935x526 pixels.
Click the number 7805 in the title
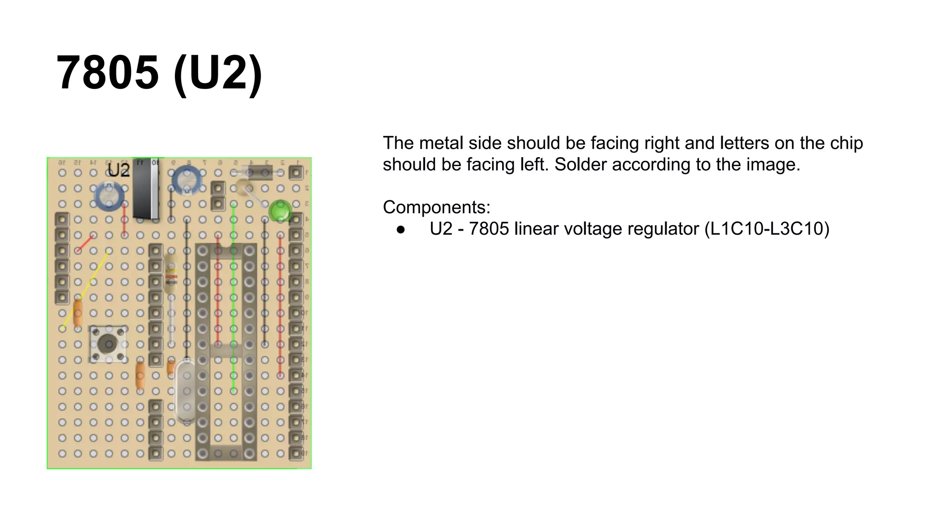click(108, 73)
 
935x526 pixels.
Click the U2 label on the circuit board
click(119, 170)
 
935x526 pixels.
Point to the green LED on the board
click(279, 211)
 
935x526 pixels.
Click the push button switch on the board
click(108, 344)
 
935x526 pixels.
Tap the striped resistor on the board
click(171, 274)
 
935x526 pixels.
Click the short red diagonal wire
click(86, 243)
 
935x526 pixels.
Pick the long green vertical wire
click(233, 297)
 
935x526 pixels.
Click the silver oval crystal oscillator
click(186, 390)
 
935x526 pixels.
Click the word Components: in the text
click(436, 207)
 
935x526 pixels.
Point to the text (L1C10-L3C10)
click(767, 229)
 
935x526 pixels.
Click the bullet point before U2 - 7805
click(401, 229)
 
